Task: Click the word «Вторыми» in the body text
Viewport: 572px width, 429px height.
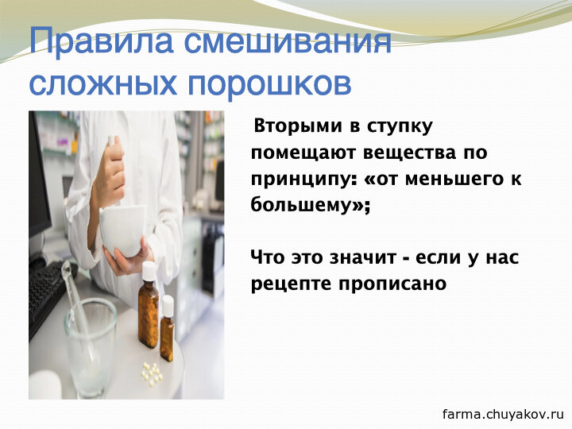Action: click(x=299, y=126)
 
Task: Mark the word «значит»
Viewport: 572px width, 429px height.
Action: click(x=362, y=258)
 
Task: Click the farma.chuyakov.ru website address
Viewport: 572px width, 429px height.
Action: click(x=503, y=415)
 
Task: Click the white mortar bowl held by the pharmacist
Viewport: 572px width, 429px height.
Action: click(x=122, y=229)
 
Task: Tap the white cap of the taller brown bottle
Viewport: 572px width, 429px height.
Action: click(x=149, y=271)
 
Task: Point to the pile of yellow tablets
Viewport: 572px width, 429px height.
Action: click(x=152, y=373)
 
